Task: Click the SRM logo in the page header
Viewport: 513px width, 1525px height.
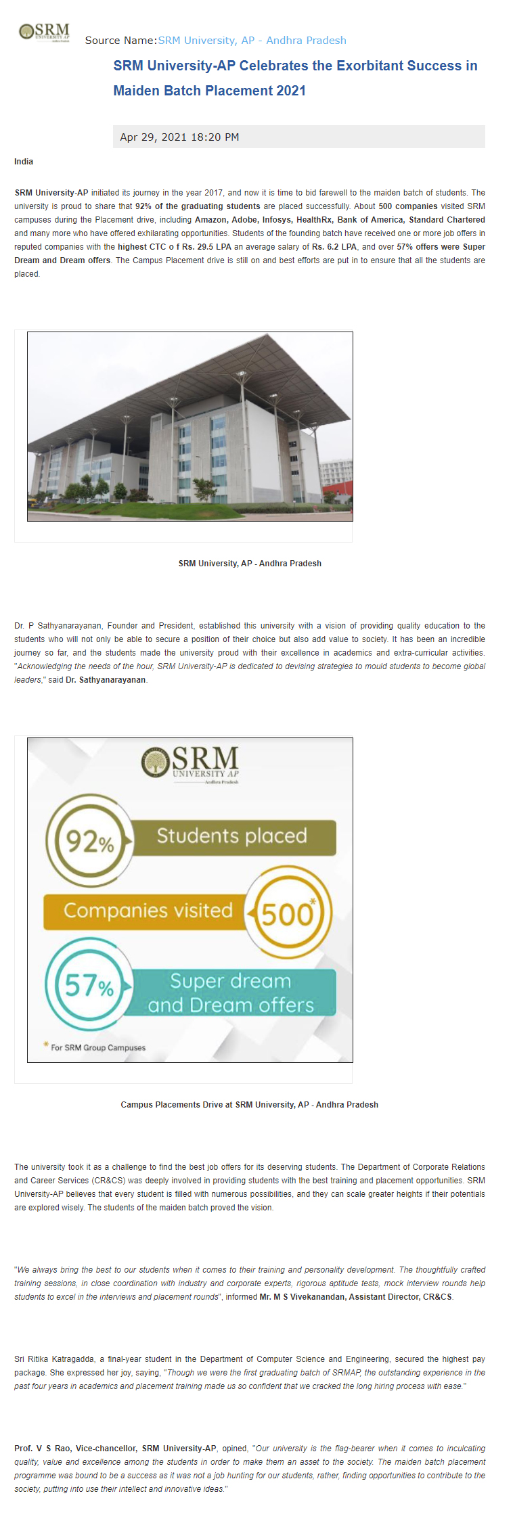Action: tap(45, 32)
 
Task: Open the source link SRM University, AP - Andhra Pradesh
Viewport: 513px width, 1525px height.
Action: tap(252, 41)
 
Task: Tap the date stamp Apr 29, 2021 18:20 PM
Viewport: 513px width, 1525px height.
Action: tap(179, 137)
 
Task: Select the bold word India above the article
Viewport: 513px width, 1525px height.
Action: tap(24, 162)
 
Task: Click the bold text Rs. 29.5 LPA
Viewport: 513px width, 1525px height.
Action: tap(206, 247)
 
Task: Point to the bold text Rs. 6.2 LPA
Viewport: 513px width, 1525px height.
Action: tap(334, 247)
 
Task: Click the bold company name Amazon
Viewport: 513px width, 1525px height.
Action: tap(210, 220)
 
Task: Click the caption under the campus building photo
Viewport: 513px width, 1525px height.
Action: tap(250, 564)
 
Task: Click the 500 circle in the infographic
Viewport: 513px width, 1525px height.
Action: tap(288, 914)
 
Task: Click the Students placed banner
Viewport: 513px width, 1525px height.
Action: tap(232, 836)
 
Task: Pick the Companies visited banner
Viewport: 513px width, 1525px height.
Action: tap(148, 911)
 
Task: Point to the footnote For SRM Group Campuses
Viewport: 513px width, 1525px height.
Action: tap(97, 1047)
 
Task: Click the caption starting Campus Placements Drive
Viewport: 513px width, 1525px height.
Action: tap(249, 1105)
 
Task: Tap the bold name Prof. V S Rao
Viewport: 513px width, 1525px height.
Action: tap(42, 1449)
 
